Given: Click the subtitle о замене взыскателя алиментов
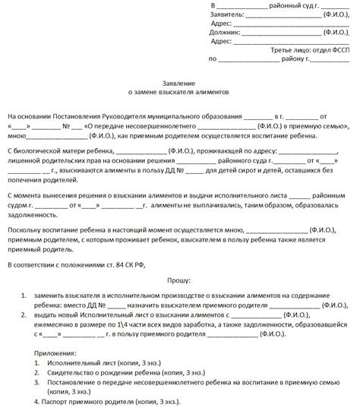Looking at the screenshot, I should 179,89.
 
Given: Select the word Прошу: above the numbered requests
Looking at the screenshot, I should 179,280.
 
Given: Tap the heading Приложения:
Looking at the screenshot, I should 55,353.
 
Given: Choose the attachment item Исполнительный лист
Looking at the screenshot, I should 69,363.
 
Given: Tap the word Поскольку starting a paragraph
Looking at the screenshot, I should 24,229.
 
